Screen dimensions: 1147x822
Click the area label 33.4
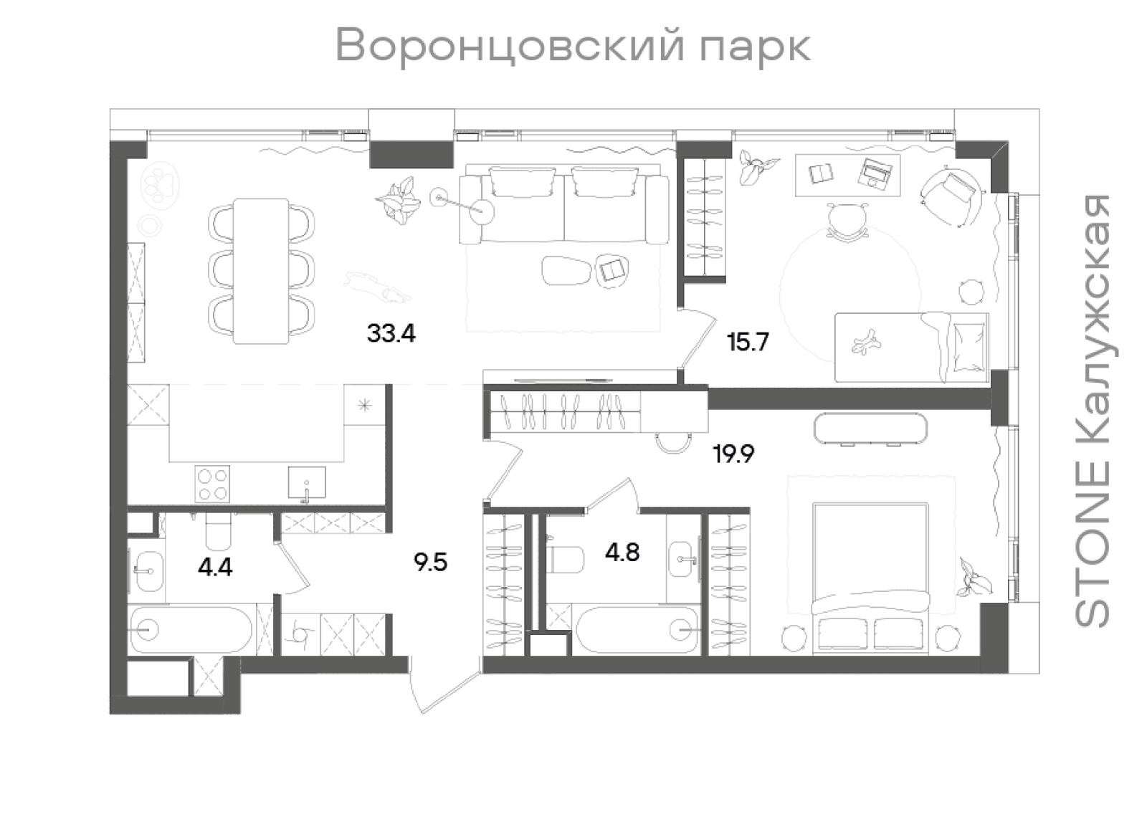[x=391, y=333]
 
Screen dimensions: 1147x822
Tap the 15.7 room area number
[x=748, y=342]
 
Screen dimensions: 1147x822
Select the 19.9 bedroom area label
[x=733, y=454]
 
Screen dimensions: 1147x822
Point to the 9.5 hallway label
[x=430, y=562]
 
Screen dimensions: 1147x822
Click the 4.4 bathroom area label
[x=215, y=568]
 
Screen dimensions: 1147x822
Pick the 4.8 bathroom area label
[x=622, y=553]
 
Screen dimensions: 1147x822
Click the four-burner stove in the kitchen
[x=213, y=484]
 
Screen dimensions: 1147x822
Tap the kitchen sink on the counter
[x=307, y=482]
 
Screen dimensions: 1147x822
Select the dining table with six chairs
[x=261, y=272]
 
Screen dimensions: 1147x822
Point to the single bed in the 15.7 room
[x=910, y=347]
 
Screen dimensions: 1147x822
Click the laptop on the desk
[x=876, y=172]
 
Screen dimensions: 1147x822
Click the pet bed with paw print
[x=161, y=185]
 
